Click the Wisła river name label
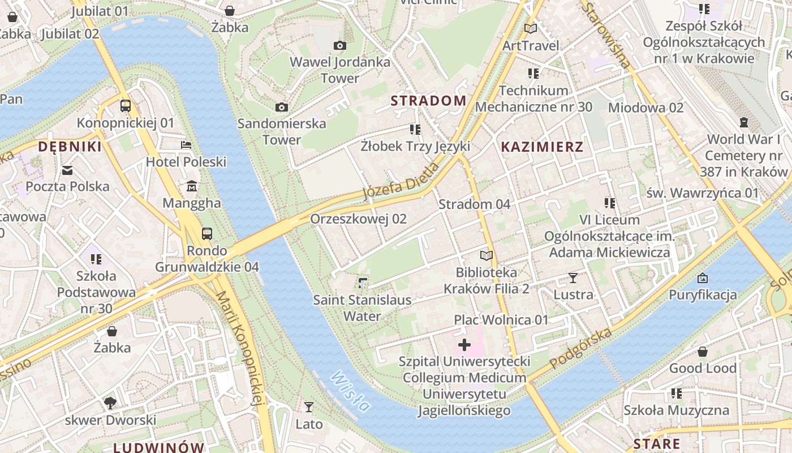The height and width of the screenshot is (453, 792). (x=351, y=391)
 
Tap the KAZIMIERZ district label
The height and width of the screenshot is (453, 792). (x=542, y=147)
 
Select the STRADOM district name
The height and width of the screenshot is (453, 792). (x=429, y=101)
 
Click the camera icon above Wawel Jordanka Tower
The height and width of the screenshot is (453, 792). (x=340, y=46)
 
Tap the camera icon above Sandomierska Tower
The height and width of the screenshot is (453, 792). (x=281, y=107)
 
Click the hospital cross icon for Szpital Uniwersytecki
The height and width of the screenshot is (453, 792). (x=464, y=344)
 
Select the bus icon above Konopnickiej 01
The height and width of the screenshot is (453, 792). (x=126, y=106)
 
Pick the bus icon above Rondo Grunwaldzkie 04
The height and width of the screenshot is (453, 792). (x=207, y=234)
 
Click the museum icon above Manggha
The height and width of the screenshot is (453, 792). (x=192, y=186)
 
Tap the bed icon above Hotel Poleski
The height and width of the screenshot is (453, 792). (x=186, y=145)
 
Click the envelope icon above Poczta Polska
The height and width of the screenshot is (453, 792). (x=67, y=170)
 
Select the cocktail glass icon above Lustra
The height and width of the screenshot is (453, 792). (x=573, y=278)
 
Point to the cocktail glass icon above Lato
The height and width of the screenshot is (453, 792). (x=309, y=407)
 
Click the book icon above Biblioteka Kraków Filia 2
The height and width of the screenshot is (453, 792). (x=487, y=255)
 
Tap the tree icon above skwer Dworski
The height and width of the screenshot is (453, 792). (x=110, y=403)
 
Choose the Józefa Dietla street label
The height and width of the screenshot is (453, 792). (x=401, y=181)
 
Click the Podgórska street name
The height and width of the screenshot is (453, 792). (x=580, y=348)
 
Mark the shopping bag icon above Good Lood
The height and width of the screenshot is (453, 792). (x=703, y=352)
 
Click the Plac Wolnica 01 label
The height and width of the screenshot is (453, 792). (x=501, y=320)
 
